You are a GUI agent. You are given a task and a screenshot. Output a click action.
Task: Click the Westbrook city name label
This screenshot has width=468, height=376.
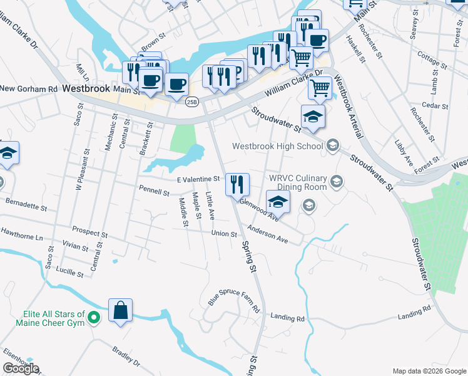pos(86,90)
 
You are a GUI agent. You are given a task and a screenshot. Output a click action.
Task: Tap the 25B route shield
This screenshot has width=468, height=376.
pos(192,102)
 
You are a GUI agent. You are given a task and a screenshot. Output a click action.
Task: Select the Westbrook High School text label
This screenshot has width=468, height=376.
pos(277,146)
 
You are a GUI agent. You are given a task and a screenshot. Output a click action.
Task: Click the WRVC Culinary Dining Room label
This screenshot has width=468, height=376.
pos(298,182)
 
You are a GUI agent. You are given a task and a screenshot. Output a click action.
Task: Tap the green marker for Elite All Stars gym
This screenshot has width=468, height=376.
pos(94,318)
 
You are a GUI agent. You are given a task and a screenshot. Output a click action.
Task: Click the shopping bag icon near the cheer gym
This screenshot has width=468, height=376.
pos(120,310)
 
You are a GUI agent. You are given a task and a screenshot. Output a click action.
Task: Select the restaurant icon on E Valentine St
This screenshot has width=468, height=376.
pos(237,184)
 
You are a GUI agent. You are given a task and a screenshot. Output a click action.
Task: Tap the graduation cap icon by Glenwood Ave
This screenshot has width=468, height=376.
pos(278,202)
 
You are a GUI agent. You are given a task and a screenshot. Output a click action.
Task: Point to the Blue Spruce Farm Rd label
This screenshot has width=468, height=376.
pos(234,300)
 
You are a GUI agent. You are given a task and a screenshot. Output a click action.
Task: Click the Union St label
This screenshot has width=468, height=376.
pos(224,234)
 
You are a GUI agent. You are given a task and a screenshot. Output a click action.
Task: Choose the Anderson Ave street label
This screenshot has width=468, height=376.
pos(267,234)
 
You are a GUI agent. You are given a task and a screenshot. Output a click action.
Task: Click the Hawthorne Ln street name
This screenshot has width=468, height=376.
pos(22,238)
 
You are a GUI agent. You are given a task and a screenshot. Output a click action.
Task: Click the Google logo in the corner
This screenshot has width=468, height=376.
pos(21,368)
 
